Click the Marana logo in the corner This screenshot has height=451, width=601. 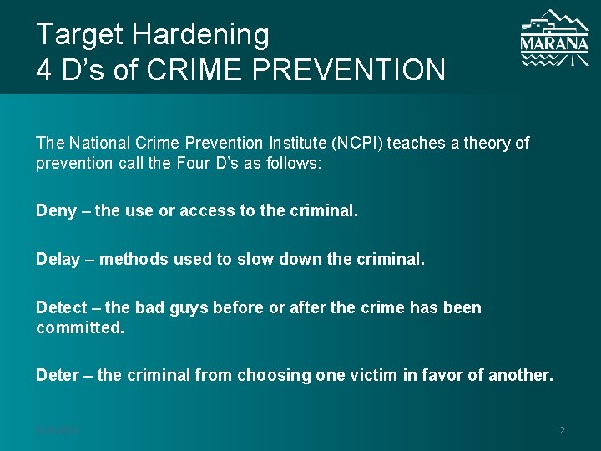554,38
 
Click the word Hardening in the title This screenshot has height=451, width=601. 200,34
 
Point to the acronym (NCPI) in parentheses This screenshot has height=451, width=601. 339,143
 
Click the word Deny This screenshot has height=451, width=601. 54,211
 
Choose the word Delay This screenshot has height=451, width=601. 57,260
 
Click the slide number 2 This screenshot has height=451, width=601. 562,430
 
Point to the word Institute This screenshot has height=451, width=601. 268,143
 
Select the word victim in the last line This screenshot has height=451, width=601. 369,375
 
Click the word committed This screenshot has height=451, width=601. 79,327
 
